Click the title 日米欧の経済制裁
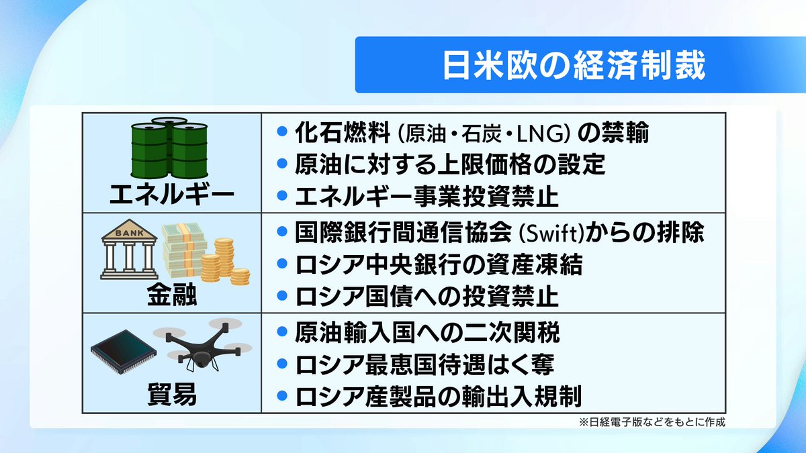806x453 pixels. click(574, 64)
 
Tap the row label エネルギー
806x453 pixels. click(172, 196)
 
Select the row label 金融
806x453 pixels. click(172, 296)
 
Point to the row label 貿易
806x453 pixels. click(172, 395)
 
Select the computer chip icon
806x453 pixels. click(119, 353)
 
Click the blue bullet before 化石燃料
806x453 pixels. click(282, 132)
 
